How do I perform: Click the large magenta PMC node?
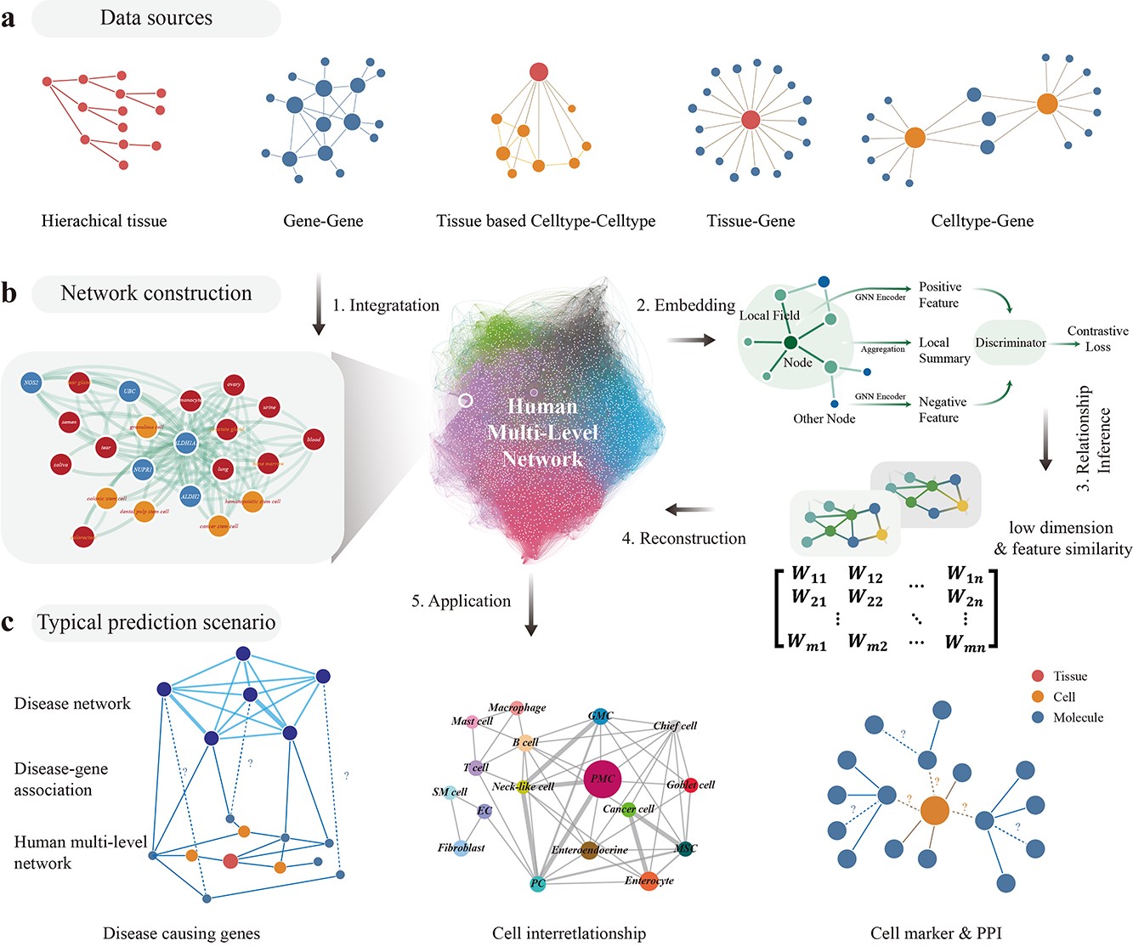[x=602, y=779]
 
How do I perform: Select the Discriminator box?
[x=1010, y=343]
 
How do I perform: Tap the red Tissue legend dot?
[x=1037, y=677]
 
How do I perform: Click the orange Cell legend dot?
[x=1037, y=697]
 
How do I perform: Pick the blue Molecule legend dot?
[x=1037, y=717]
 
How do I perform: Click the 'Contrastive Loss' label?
[x=1097, y=338]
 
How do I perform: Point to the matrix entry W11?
[x=808, y=575]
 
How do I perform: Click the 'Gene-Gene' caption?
[x=323, y=221]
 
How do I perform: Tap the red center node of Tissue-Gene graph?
[x=751, y=120]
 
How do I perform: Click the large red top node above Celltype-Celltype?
[x=539, y=71]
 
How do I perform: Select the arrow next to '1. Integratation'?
[x=319, y=304]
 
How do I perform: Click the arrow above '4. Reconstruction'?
[x=688, y=510]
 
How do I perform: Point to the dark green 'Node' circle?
[x=790, y=343]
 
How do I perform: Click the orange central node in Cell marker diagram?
[x=934, y=810]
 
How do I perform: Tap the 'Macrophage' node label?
[x=517, y=707]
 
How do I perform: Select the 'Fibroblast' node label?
[x=462, y=847]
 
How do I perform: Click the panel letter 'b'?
[x=9, y=293]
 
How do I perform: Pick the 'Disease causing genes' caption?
[x=181, y=933]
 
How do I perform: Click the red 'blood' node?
[x=314, y=439]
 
